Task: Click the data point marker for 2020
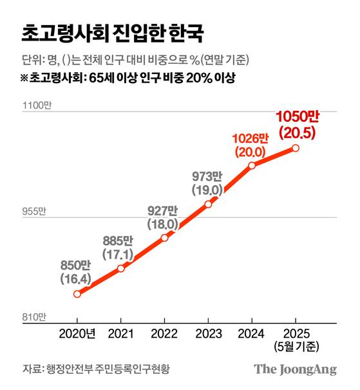[x=77, y=294]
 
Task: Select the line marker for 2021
[x=120, y=268]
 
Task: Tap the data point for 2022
[x=164, y=237]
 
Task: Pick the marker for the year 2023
[x=208, y=204]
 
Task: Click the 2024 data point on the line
[x=252, y=165]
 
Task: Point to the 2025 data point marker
[x=296, y=148]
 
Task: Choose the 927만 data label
[x=162, y=211]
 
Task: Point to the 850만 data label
[x=75, y=266]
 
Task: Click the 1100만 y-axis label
[x=36, y=106]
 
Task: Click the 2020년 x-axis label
[x=77, y=333]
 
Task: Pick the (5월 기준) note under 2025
[x=296, y=346]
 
